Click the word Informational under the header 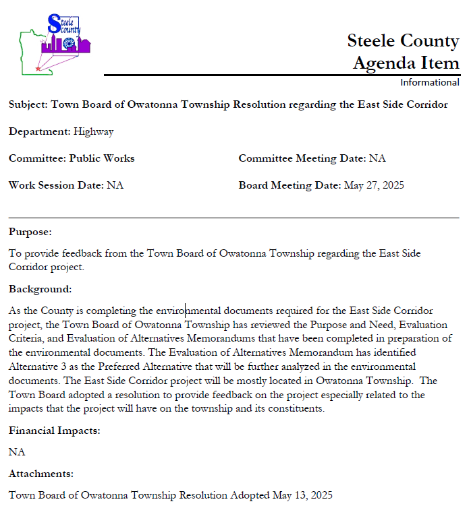(x=429, y=82)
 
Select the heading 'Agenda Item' (x=406, y=63)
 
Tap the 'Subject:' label (x=29, y=105)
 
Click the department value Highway (x=93, y=132)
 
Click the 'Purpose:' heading (x=30, y=232)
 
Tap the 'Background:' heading (x=40, y=289)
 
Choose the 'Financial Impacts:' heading (x=55, y=431)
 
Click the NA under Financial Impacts (x=17, y=452)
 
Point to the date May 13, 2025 (x=302, y=496)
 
